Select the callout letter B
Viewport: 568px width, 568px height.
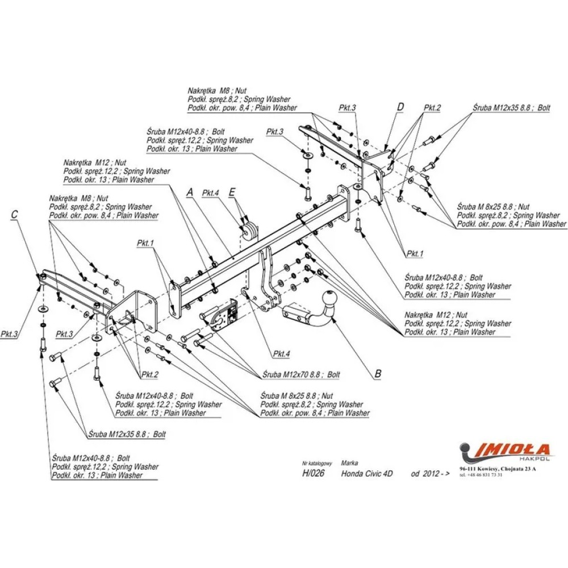[x=378, y=374]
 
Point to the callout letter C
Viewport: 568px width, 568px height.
[x=15, y=214]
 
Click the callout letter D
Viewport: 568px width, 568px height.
[x=400, y=107]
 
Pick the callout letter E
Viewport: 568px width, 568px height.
[x=232, y=193]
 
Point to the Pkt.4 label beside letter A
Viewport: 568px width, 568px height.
[x=210, y=193]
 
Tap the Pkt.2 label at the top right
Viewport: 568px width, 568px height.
[x=432, y=107]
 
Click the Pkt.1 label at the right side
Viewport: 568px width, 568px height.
[x=414, y=253]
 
